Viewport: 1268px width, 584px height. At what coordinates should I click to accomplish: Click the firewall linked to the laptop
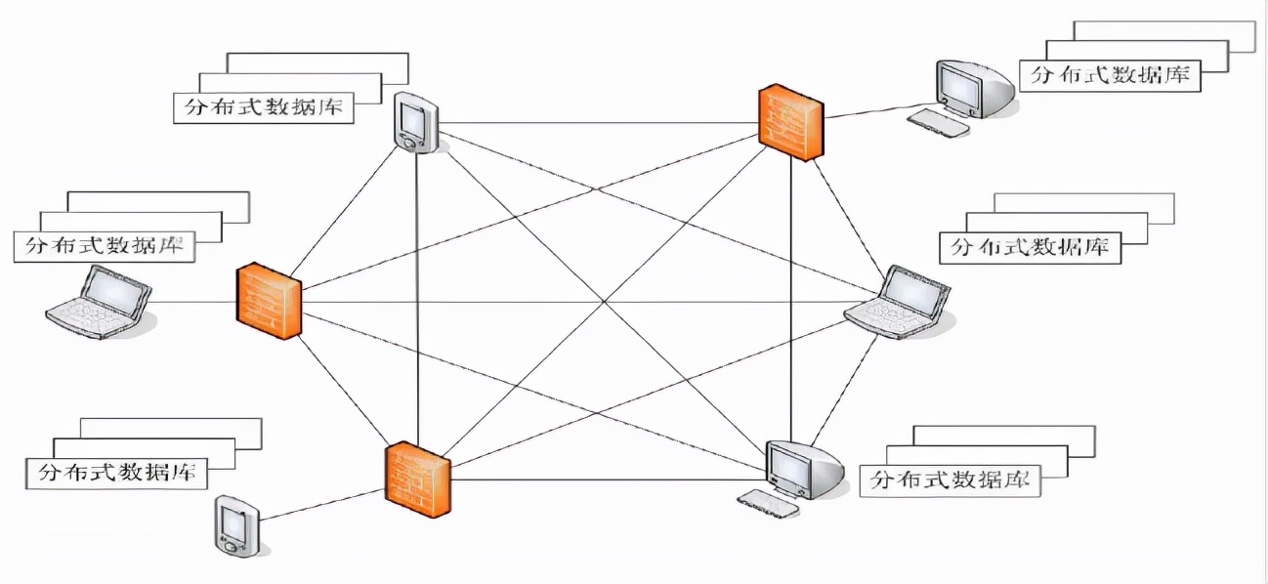pos(268,300)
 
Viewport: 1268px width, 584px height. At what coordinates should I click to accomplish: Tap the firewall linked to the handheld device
pos(417,479)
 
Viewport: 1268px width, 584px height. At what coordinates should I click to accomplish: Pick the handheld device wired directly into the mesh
pos(415,123)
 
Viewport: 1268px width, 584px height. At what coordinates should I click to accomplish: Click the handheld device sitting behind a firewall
pos(234,527)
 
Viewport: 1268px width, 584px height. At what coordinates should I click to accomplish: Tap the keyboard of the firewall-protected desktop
pos(939,123)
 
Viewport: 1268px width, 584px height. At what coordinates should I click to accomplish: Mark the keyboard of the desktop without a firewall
pos(768,502)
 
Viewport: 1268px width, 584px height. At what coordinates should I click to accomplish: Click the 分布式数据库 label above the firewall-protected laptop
pos(105,246)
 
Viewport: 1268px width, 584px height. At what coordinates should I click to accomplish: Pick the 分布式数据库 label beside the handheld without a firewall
pos(263,106)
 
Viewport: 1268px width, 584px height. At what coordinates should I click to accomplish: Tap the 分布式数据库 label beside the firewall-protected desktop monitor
pos(1109,75)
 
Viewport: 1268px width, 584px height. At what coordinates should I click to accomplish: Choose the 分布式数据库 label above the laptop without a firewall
pos(1030,247)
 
